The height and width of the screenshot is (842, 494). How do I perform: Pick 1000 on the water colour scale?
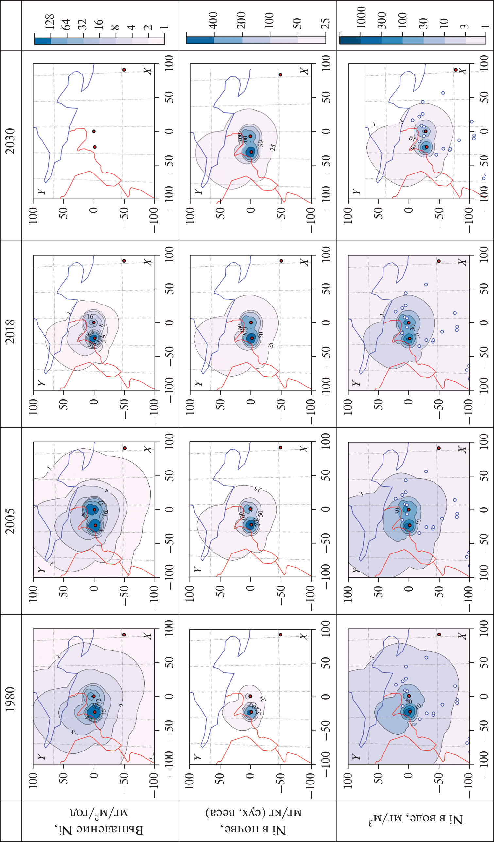coord(361,17)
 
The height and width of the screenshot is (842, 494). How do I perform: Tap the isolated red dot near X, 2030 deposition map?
coord(124,70)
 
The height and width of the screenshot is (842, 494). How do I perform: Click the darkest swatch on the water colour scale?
coord(350,40)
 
